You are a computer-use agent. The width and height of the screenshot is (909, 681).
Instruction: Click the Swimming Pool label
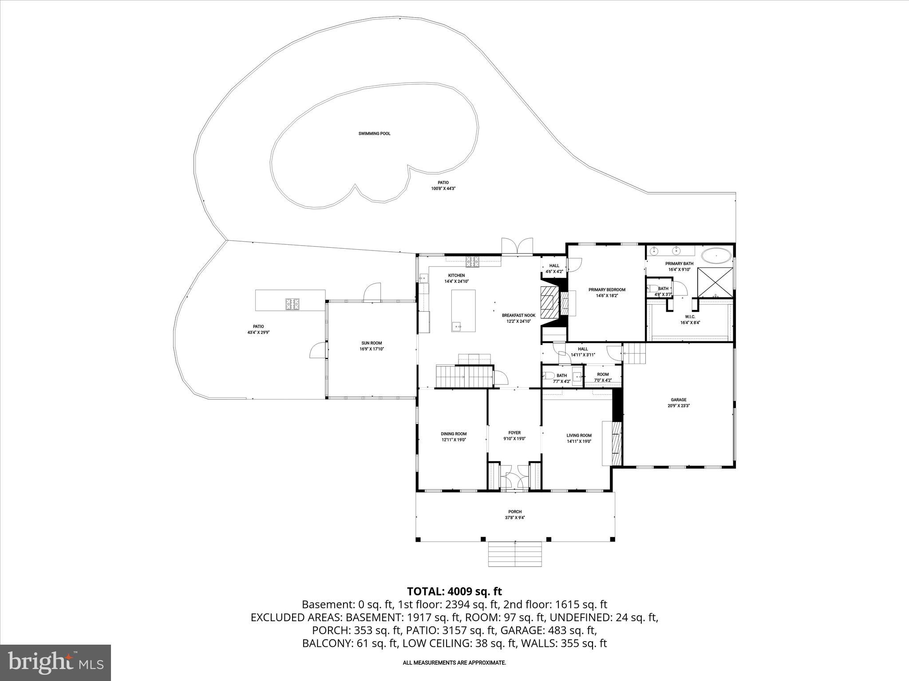tap(374, 133)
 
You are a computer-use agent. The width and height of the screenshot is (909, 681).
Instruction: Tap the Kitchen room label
tap(456, 275)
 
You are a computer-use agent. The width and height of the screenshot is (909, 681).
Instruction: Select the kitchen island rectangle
tap(463, 311)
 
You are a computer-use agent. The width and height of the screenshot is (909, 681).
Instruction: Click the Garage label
tap(679, 400)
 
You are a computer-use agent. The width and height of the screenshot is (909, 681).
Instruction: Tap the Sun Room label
tap(372, 343)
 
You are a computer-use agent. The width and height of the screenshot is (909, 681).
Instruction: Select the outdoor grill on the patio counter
tap(292, 304)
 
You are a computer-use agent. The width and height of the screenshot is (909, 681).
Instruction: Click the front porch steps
tap(515, 554)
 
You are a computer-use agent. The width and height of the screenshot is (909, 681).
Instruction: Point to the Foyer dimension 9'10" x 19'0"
tap(514, 439)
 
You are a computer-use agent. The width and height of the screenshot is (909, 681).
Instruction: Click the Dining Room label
tap(454, 434)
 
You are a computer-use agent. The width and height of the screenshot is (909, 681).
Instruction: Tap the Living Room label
tap(579, 435)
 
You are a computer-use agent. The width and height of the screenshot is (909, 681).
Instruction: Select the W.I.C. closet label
tap(690, 317)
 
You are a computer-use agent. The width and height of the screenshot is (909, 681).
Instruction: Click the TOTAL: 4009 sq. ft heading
tap(454, 591)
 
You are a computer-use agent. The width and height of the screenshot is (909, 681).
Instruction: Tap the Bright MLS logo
tap(55, 662)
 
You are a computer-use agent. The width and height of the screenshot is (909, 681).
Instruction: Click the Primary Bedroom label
tap(607, 290)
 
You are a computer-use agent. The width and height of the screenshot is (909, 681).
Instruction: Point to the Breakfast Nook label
tap(518, 315)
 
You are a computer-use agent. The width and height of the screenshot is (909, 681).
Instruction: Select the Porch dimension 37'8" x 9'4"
tap(515, 517)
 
